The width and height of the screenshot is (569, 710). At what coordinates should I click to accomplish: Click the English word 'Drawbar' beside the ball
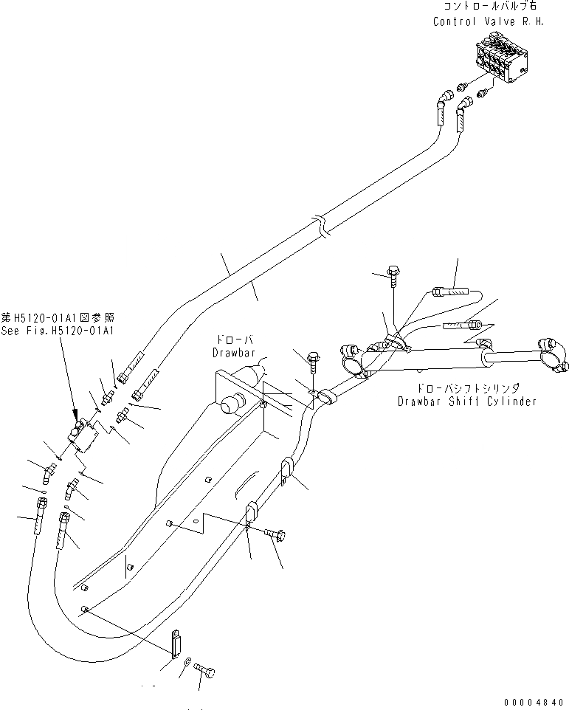tap(234, 353)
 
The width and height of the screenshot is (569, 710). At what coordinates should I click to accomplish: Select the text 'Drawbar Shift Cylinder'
tap(466, 401)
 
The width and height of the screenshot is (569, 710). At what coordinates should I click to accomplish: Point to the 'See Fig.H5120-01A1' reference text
tap(58, 331)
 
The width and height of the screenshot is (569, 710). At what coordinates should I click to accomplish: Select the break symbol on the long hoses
tap(320, 225)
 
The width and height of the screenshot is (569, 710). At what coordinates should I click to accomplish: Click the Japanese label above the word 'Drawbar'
tap(233, 339)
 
